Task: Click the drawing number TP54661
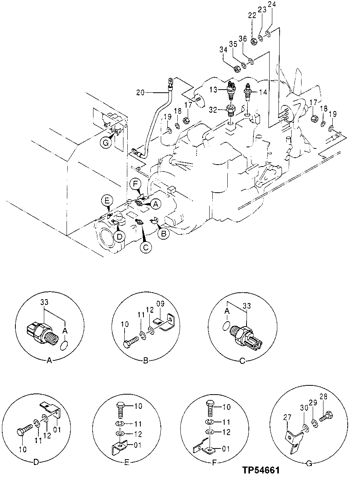click(261, 470)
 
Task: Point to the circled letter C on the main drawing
click(145, 248)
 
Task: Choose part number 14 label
click(263, 92)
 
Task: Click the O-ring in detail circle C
click(227, 325)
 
